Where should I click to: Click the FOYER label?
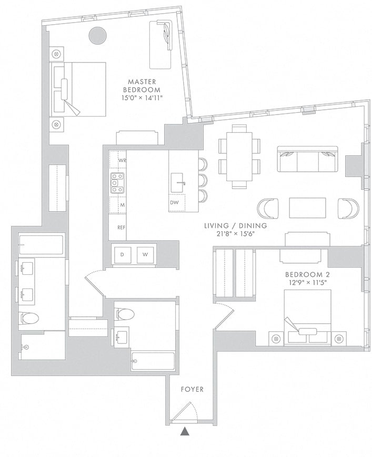[192, 389]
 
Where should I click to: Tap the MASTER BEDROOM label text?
[142, 86]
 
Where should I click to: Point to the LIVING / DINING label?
[235, 225]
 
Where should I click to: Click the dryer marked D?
[123, 255]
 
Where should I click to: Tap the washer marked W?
[145, 255]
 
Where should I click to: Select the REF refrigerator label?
[122, 227]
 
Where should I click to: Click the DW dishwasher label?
[174, 203]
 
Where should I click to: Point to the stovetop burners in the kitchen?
[117, 183]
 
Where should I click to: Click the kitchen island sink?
[177, 183]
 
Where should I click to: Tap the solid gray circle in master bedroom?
[97, 36]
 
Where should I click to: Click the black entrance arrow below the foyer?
[185, 431]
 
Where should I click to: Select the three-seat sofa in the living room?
[307, 159]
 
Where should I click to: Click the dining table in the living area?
[239, 157]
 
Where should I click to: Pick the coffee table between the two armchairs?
[307, 208]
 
